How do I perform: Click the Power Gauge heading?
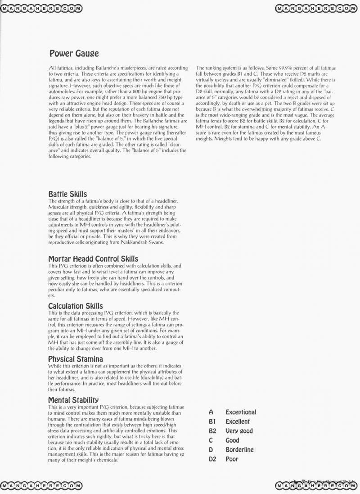[x=74, y=54]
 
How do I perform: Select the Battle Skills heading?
[x=67, y=194]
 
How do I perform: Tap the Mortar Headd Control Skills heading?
[x=93, y=259]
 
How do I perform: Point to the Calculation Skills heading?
[x=75, y=306]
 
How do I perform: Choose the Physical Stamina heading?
[x=75, y=359]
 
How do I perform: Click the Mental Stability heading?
[x=73, y=400]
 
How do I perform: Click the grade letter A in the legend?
[x=211, y=412]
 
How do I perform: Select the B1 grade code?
[x=212, y=421]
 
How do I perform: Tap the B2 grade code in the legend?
[x=212, y=431]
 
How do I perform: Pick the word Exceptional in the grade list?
[x=241, y=412]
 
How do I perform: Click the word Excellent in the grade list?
[x=238, y=421]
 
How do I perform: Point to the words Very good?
[x=239, y=431]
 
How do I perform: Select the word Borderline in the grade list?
[x=239, y=449]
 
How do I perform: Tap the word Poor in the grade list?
[x=232, y=459]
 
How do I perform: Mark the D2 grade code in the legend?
[x=213, y=459]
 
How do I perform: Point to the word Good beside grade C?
[x=232, y=440]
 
